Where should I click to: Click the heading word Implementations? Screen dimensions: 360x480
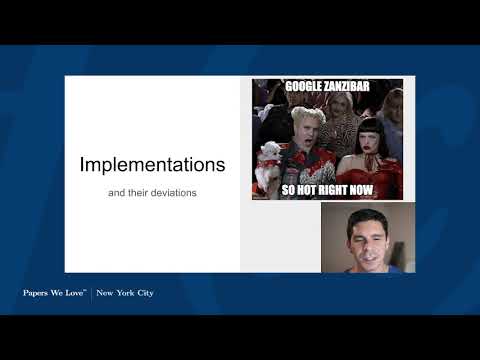click(x=152, y=163)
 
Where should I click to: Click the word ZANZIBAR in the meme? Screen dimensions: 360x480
click(x=349, y=87)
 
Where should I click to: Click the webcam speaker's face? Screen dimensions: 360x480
click(x=367, y=240)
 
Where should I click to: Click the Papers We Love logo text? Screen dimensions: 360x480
click(x=55, y=293)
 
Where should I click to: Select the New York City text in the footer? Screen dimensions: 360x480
click(x=125, y=293)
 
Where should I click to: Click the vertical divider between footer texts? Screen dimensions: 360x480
click(x=92, y=293)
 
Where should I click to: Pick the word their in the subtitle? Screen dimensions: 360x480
click(x=135, y=192)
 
